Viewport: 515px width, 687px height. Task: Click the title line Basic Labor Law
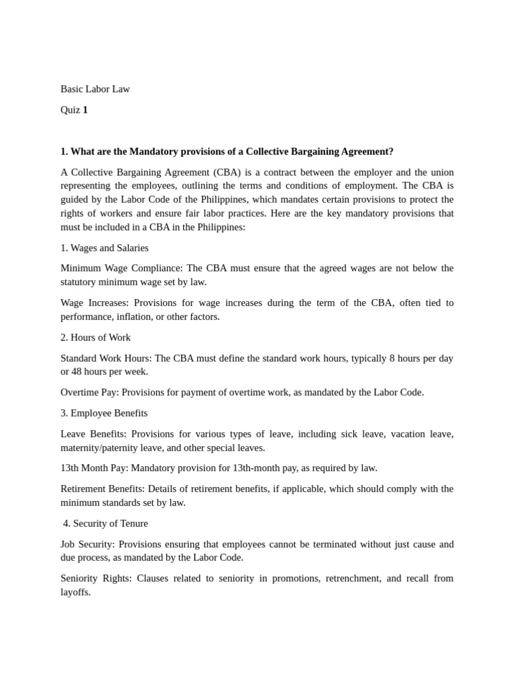click(x=95, y=89)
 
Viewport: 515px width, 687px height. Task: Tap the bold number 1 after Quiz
click(x=85, y=109)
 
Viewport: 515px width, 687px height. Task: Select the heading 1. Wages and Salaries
click(x=105, y=248)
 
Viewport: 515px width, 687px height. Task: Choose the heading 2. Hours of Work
click(x=95, y=337)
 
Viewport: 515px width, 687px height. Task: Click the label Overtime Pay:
click(x=91, y=392)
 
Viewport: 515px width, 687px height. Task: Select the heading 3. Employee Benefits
click(x=104, y=413)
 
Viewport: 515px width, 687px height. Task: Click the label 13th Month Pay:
click(x=91, y=468)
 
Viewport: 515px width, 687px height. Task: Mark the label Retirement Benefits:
click(x=103, y=488)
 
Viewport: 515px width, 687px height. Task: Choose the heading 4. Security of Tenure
click(x=105, y=523)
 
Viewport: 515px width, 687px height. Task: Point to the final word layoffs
click(x=75, y=592)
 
